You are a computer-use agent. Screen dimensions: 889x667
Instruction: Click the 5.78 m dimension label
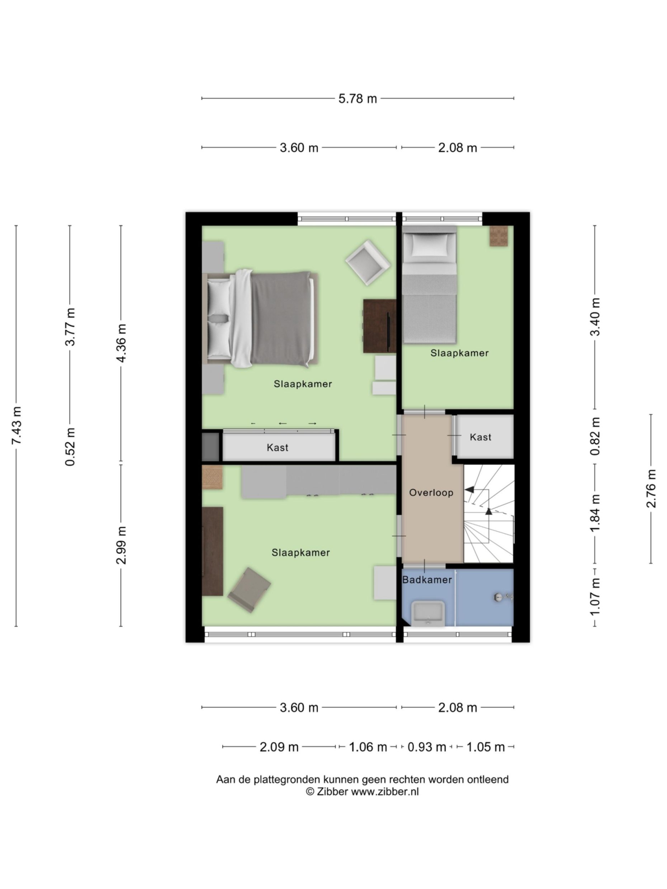(357, 99)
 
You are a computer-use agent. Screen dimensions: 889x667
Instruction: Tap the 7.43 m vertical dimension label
(16, 425)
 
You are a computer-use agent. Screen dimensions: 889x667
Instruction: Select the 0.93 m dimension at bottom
(427, 747)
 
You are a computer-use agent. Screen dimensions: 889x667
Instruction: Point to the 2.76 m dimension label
(651, 488)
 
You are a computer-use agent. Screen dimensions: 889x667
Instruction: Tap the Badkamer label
(427, 580)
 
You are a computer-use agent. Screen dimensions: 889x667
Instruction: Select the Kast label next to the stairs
(480, 437)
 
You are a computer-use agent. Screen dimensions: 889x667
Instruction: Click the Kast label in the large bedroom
(278, 447)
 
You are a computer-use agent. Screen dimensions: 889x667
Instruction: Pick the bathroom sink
(428, 613)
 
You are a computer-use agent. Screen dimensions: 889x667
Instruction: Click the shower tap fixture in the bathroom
(502, 598)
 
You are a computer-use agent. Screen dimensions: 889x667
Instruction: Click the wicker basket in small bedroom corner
(498, 236)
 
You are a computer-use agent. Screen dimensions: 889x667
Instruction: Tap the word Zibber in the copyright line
(332, 792)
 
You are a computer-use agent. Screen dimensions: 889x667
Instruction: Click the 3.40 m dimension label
(595, 317)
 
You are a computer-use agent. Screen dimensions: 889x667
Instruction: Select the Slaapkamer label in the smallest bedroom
(459, 353)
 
